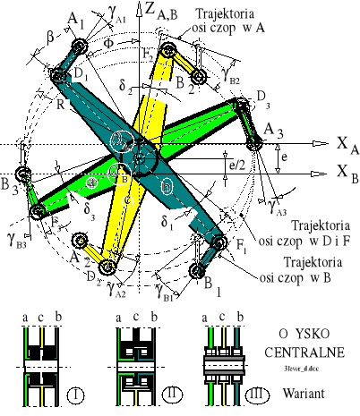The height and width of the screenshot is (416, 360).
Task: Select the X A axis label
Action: [x=345, y=144]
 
